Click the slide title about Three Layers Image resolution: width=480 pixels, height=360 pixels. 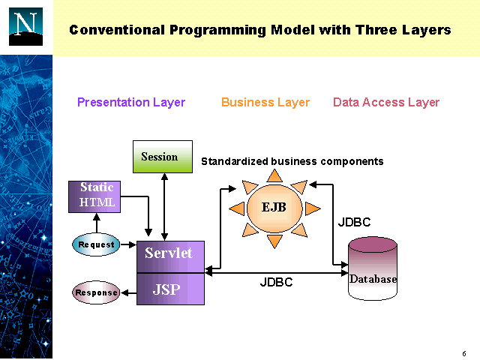point(259,30)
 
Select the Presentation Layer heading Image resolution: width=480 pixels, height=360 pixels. point(131,102)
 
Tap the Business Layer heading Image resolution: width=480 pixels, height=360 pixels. point(265,102)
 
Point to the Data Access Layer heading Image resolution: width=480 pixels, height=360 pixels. point(386,102)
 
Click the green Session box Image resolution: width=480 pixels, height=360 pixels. point(162,157)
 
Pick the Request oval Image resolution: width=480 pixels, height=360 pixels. point(96,244)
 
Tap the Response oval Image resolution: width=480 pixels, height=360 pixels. point(96,292)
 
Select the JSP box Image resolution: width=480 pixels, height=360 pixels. point(169,289)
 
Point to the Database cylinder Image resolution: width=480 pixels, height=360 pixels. point(373,270)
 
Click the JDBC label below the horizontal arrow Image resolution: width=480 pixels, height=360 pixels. point(276,283)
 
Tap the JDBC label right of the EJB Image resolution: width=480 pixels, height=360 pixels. point(354,223)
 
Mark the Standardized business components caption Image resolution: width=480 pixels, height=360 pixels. point(292,161)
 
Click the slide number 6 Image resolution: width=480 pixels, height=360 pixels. point(464,353)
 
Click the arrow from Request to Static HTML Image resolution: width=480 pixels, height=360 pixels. point(96,223)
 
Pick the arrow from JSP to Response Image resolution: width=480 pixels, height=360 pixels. point(128,292)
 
